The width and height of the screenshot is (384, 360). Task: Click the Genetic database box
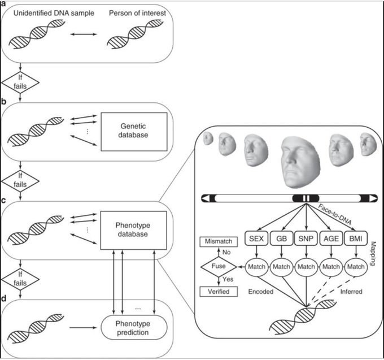[x=134, y=132]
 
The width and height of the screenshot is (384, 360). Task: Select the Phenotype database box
[x=133, y=231]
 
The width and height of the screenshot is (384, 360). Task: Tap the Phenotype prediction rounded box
[x=134, y=327]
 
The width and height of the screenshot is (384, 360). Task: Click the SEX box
[x=256, y=238]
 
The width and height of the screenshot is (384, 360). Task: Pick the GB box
[x=281, y=238]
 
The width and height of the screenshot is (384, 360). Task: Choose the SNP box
[x=306, y=238]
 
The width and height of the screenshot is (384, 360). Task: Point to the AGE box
[x=331, y=238]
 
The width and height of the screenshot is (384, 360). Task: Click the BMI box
[x=356, y=238]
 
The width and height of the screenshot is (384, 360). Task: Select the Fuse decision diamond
[x=219, y=267]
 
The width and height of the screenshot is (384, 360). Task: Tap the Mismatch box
[x=219, y=242]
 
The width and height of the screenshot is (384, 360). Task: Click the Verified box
[x=219, y=292]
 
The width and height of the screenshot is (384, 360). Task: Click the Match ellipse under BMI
[x=356, y=267]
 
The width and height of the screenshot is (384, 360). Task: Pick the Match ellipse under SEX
[x=256, y=267]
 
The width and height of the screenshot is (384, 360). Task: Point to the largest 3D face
[x=300, y=162]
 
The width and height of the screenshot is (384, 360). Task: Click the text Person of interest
[x=137, y=13]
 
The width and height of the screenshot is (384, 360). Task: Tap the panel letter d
[x=3, y=298]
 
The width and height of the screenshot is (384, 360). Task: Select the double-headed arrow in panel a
[x=84, y=34]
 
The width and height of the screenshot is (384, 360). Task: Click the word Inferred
[x=351, y=292]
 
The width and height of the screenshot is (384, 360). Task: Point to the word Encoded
[x=261, y=292]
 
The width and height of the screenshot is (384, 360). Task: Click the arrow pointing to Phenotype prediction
[x=83, y=328]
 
